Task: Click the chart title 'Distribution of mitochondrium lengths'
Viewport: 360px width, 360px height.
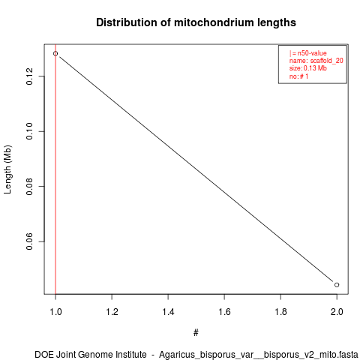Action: [x=196, y=22]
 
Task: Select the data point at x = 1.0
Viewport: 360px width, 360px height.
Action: [x=55, y=53]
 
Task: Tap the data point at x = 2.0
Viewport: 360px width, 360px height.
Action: [x=337, y=285]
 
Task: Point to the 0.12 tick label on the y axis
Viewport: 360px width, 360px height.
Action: [x=29, y=76]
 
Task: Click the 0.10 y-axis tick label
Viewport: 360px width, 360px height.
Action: [x=29, y=131]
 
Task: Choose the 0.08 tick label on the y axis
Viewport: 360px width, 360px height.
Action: [x=29, y=187]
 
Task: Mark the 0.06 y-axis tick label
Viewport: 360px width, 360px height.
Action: [x=29, y=241]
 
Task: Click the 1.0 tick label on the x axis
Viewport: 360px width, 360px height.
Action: [x=55, y=312]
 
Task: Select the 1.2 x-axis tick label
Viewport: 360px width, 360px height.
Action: [x=112, y=312]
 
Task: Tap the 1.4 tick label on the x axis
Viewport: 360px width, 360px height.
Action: [x=168, y=312]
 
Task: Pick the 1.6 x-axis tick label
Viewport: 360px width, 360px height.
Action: [x=224, y=312]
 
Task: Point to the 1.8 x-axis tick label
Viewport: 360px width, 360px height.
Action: [x=280, y=312]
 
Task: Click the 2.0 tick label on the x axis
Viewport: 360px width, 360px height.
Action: [x=337, y=312]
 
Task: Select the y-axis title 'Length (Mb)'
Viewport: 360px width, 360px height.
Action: [x=7, y=169]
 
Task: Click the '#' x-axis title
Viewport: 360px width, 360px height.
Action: [x=196, y=333]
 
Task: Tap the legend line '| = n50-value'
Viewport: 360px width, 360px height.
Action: [x=308, y=53]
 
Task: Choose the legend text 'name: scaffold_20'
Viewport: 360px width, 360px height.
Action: [x=316, y=61]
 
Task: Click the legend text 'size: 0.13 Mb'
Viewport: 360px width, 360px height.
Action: [x=308, y=68]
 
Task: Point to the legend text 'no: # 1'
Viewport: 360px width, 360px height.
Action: [x=298, y=76]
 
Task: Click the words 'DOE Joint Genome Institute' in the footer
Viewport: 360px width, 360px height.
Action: [x=91, y=355]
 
